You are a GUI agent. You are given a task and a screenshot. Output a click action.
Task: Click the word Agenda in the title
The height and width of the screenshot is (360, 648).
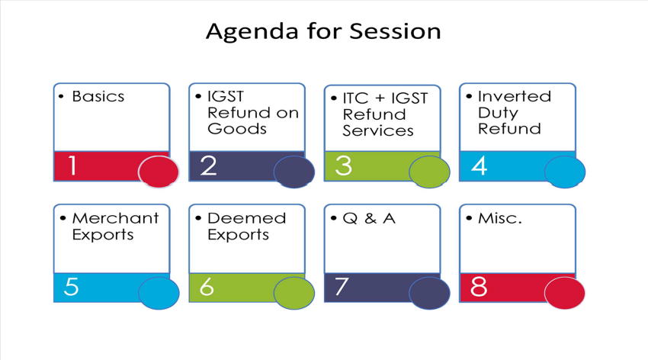pos(252,32)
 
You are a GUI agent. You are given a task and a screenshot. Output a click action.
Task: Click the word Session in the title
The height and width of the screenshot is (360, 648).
pos(396,31)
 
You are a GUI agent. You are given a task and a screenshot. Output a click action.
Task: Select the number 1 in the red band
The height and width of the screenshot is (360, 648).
pos(72,166)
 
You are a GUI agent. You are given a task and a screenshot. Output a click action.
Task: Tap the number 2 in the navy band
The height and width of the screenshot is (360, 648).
pos(208,166)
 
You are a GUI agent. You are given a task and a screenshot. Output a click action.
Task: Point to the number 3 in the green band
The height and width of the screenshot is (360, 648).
pos(343,166)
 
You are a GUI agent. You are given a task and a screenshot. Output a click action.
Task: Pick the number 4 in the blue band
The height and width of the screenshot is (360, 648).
pos(479,166)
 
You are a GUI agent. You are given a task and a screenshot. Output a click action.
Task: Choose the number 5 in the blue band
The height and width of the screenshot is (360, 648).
pos(72,287)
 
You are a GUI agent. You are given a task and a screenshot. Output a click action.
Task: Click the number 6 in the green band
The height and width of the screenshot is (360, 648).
pos(207,287)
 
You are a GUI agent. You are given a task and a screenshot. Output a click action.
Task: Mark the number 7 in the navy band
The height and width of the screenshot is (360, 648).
pos(342,287)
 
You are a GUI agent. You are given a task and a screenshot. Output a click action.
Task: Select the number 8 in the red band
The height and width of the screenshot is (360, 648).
pos(479,287)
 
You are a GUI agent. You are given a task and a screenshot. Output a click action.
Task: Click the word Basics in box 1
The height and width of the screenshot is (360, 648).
pos(98,96)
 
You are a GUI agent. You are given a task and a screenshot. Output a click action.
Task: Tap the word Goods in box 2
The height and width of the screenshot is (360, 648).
pos(237,129)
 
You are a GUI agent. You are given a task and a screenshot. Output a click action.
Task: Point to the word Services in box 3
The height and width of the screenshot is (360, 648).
pos(378,130)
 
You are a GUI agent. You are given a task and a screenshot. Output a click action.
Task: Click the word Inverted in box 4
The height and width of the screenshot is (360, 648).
pos(515,96)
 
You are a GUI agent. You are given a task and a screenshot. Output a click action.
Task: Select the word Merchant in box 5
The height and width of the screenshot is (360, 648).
pos(115,218)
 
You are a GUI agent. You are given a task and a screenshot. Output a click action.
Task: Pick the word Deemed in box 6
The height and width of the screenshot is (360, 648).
pos(247,218)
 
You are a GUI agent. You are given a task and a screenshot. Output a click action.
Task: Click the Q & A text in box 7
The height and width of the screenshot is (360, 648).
pos(369,218)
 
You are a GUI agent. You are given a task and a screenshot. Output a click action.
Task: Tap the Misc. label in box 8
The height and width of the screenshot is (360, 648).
pos(500,218)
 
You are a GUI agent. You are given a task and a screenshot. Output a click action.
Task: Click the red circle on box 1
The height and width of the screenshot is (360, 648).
pos(159,172)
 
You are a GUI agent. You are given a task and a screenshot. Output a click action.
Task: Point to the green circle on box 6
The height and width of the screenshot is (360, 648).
pos(294,293)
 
